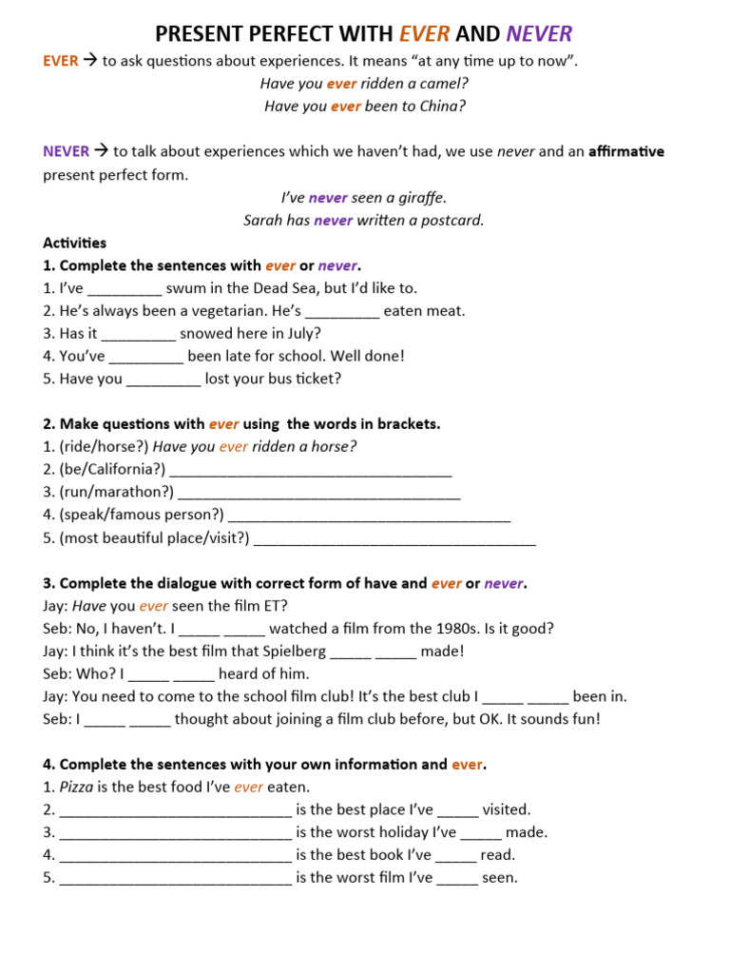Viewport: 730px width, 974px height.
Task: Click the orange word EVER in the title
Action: tap(424, 35)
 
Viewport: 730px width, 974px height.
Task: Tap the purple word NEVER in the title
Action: tap(539, 35)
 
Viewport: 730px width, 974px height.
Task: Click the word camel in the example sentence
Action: tap(445, 84)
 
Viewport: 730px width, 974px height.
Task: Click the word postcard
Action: tap(451, 221)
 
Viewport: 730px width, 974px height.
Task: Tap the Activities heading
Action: tap(75, 243)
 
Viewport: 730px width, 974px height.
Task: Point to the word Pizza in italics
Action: tap(76, 788)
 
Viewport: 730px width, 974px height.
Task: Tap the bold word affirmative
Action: tap(626, 152)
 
